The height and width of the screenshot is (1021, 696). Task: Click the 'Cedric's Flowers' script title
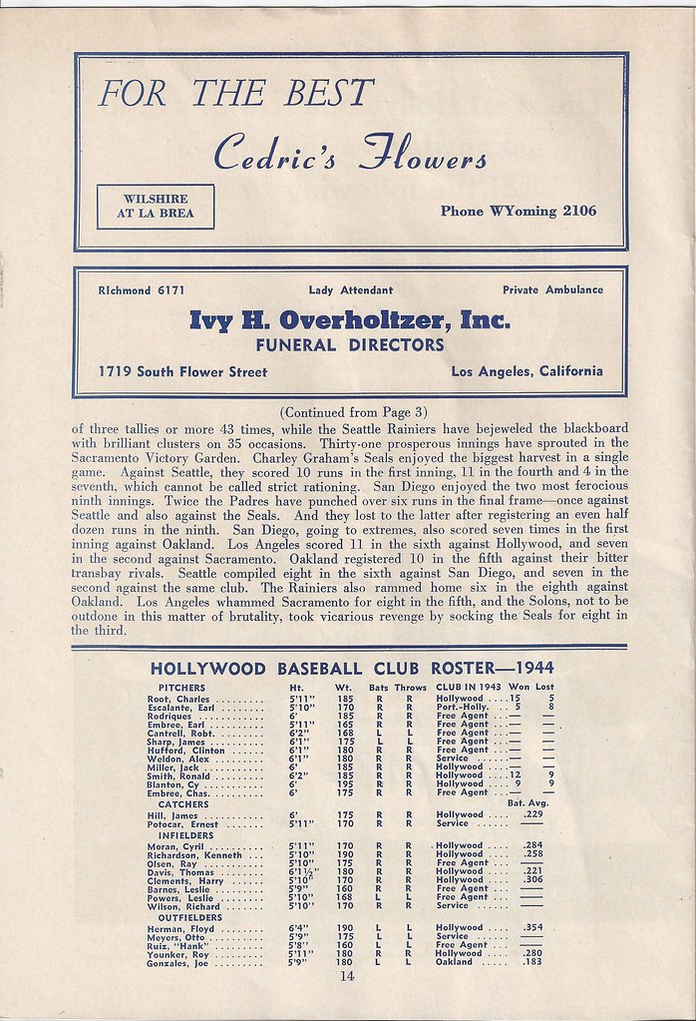tap(350, 153)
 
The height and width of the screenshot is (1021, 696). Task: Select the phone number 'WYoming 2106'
tap(518, 211)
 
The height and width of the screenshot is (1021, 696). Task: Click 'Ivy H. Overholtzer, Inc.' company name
tap(350, 320)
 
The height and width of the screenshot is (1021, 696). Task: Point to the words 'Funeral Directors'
tap(350, 345)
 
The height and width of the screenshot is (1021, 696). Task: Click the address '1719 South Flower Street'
tap(183, 372)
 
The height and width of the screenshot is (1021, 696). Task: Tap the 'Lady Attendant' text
tap(350, 290)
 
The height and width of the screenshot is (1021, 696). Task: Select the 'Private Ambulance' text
tap(552, 290)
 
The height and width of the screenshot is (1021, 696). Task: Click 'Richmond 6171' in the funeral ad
tap(140, 290)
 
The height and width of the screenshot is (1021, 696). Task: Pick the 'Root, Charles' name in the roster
tap(172, 700)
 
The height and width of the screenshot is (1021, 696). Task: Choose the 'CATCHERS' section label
tap(176, 803)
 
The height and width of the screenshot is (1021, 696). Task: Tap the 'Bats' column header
tap(379, 688)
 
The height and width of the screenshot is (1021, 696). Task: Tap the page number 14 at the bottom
tap(346, 978)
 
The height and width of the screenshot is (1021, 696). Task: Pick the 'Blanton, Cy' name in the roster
tap(168, 783)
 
